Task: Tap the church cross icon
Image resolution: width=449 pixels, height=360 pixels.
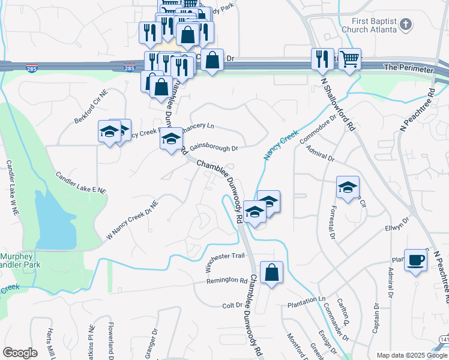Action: click(x=406, y=25)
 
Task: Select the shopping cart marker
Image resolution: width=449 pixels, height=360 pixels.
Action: click(x=349, y=58)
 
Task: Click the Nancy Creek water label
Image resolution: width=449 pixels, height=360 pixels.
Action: click(x=280, y=145)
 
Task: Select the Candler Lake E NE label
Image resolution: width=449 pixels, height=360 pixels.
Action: click(x=80, y=182)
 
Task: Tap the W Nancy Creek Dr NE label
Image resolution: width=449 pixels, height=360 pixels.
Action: click(x=132, y=220)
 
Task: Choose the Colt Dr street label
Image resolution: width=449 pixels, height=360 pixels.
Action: click(x=232, y=305)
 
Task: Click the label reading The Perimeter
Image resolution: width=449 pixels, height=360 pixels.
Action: click(x=408, y=69)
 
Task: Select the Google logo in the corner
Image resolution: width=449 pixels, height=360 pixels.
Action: click(x=20, y=353)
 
